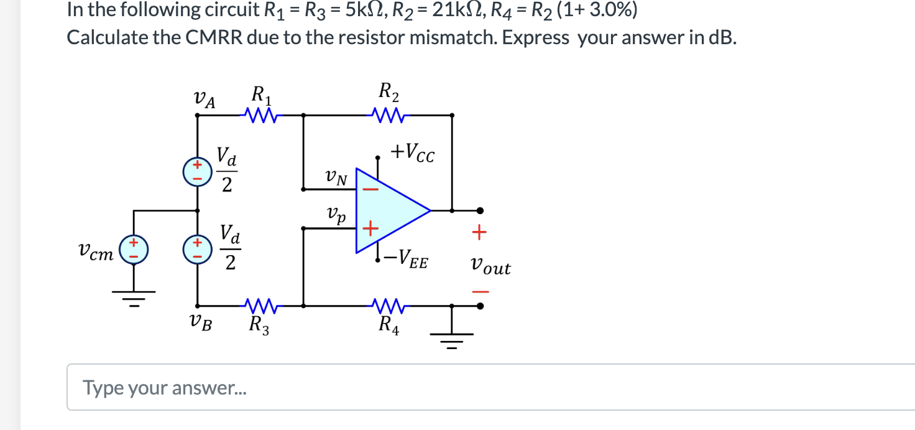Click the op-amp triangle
pos(389,210)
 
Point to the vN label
pos(336,179)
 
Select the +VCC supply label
pos(412,152)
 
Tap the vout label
pos(490,268)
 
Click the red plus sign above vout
pos(479,234)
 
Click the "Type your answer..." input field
pos(485,388)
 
